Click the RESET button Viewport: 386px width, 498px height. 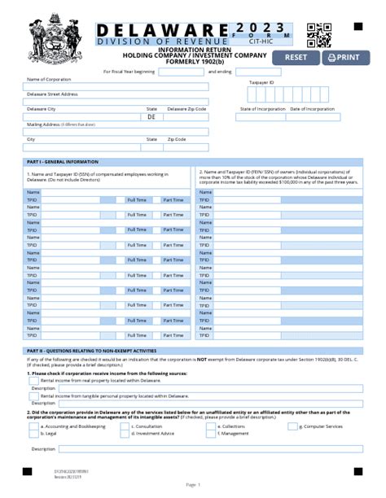295,57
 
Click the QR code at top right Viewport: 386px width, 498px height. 318,35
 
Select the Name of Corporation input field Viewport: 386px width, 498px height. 116,87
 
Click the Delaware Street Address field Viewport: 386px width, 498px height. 116,101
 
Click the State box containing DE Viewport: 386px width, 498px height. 151,116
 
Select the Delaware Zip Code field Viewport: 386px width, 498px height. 186,116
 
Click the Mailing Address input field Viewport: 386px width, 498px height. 116,131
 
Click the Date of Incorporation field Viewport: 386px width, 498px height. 313,116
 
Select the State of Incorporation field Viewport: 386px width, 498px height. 261,116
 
